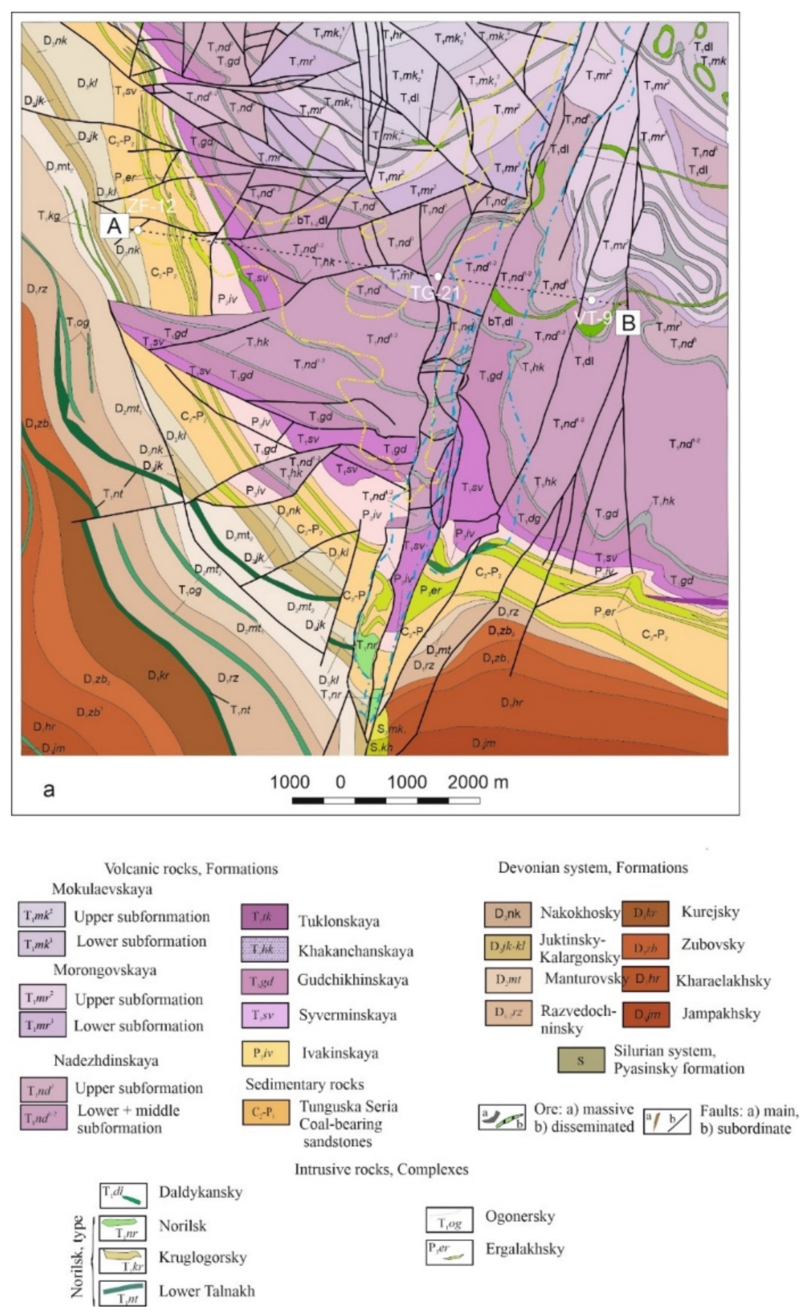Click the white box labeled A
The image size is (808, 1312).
114,227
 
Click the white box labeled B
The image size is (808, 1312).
628,323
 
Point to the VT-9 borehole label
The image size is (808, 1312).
592,317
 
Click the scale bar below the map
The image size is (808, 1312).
385,800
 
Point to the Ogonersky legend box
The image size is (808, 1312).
449,1220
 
